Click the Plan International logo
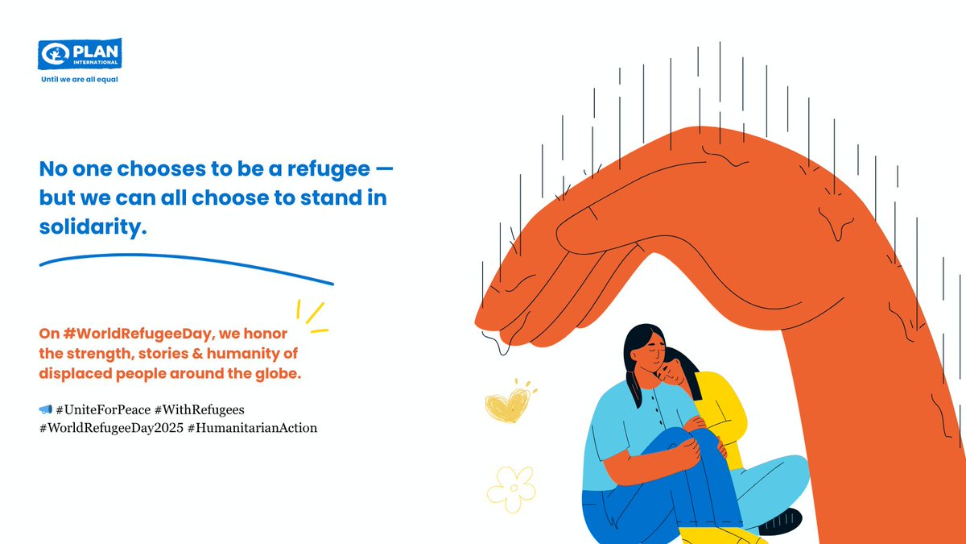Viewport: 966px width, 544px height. pos(80,56)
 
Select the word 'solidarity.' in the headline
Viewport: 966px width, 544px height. pos(93,227)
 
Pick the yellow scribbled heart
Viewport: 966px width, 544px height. pos(505,403)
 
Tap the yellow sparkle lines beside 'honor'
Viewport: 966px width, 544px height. pos(310,317)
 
